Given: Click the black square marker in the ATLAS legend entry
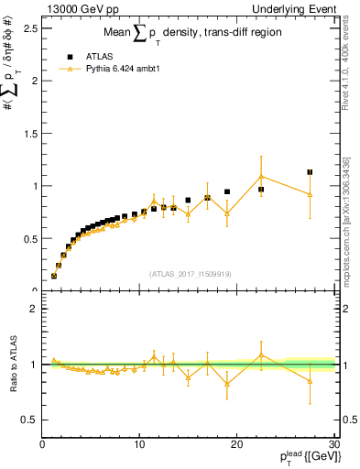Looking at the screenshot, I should pos(70,55).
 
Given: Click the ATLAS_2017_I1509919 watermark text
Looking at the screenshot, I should pos(188,273).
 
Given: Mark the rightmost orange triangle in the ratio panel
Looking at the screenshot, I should pos(310,381).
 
